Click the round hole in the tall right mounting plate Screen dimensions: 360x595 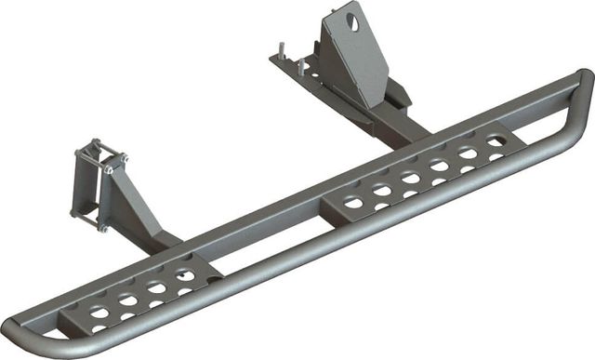[x=353, y=20]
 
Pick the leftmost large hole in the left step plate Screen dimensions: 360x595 [x=99, y=313]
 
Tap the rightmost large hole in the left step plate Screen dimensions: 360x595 [x=186, y=275]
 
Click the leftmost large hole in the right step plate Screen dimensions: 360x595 [x=353, y=202]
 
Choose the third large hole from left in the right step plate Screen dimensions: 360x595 [x=410, y=178]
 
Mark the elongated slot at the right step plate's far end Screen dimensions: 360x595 [x=496, y=141]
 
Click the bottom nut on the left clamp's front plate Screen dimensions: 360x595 [x=103, y=226]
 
